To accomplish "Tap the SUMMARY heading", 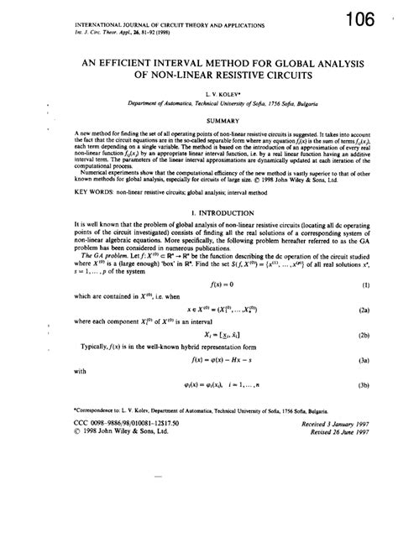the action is [x=199, y=120].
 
